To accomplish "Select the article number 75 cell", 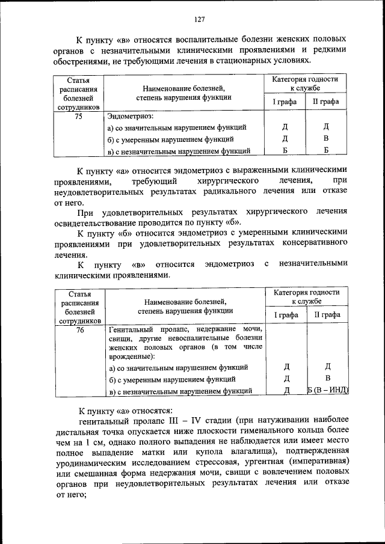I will (x=78, y=117).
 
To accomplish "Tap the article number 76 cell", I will (x=79, y=330).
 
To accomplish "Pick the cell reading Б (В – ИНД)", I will (x=328, y=391).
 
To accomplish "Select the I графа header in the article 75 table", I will (x=285, y=102).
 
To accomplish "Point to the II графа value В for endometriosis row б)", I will (x=326, y=139).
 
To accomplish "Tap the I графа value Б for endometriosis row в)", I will (x=285, y=150).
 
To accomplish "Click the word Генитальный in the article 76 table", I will (x=132, y=330).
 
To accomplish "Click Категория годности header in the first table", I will (x=305, y=79).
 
